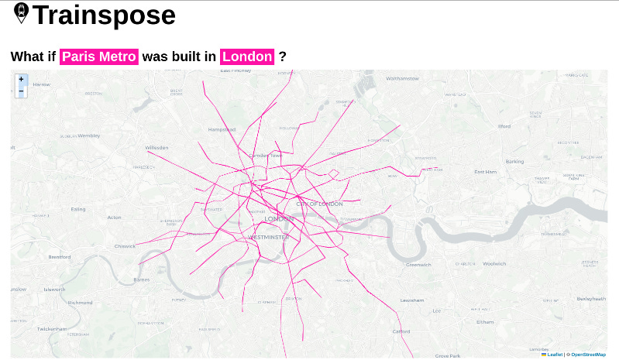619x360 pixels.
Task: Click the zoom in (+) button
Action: [21, 80]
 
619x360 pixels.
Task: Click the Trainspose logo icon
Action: [22, 14]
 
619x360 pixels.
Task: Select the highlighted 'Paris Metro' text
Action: [99, 57]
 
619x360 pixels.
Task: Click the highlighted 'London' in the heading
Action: [248, 57]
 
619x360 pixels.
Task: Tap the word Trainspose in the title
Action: [105, 15]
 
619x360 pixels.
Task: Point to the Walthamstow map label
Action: [402, 78]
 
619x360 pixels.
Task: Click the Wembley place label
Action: [88, 135]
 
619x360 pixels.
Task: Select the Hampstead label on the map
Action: [222, 129]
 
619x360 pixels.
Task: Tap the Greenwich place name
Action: [418, 265]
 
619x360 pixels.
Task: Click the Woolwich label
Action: [494, 264]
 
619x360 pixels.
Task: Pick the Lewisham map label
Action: [411, 300]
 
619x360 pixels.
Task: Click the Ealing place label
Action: [78, 209]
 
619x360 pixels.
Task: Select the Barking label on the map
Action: [514, 161]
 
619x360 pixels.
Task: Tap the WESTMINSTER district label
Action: [268, 237]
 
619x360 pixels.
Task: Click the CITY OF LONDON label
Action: [319, 204]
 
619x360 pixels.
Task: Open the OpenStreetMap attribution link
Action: [588, 354]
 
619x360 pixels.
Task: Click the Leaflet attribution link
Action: [555, 354]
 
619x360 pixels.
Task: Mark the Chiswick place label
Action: [125, 246]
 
